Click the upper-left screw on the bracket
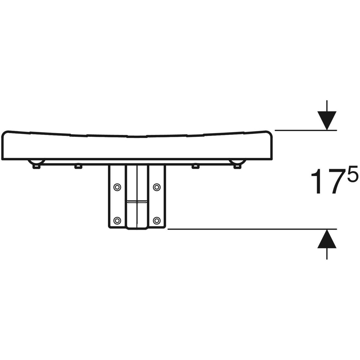[117, 187]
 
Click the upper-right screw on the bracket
[157, 187]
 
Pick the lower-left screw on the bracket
[117, 220]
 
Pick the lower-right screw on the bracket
[157, 220]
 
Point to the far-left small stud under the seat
[36, 166]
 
